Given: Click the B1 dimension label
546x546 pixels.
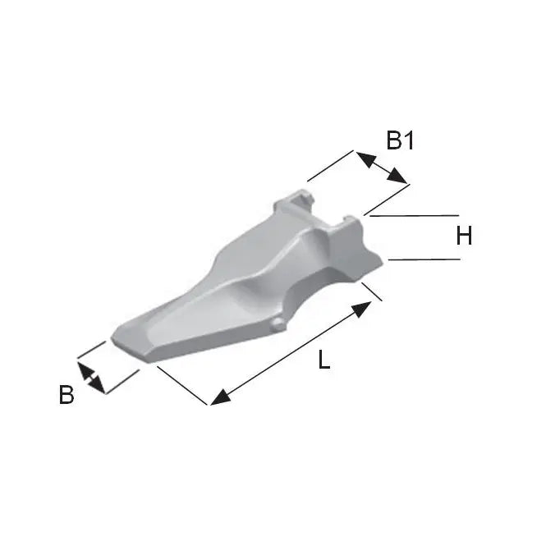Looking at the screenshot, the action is (400, 140).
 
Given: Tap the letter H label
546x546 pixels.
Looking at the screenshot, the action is (464, 236).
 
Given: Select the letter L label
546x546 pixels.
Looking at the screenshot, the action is (323, 360).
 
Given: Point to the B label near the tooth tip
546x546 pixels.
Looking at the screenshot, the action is (67, 395).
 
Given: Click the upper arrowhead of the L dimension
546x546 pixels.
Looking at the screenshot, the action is (361, 310).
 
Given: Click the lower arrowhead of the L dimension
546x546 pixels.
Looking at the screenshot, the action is (220, 397).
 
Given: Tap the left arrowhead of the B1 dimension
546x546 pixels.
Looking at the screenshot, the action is (365, 159).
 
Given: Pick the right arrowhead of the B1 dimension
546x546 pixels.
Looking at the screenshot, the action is (397, 176).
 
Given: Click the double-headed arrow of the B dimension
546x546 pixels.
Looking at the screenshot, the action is (91, 379).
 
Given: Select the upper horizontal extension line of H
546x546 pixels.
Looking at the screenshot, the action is (414, 216).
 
